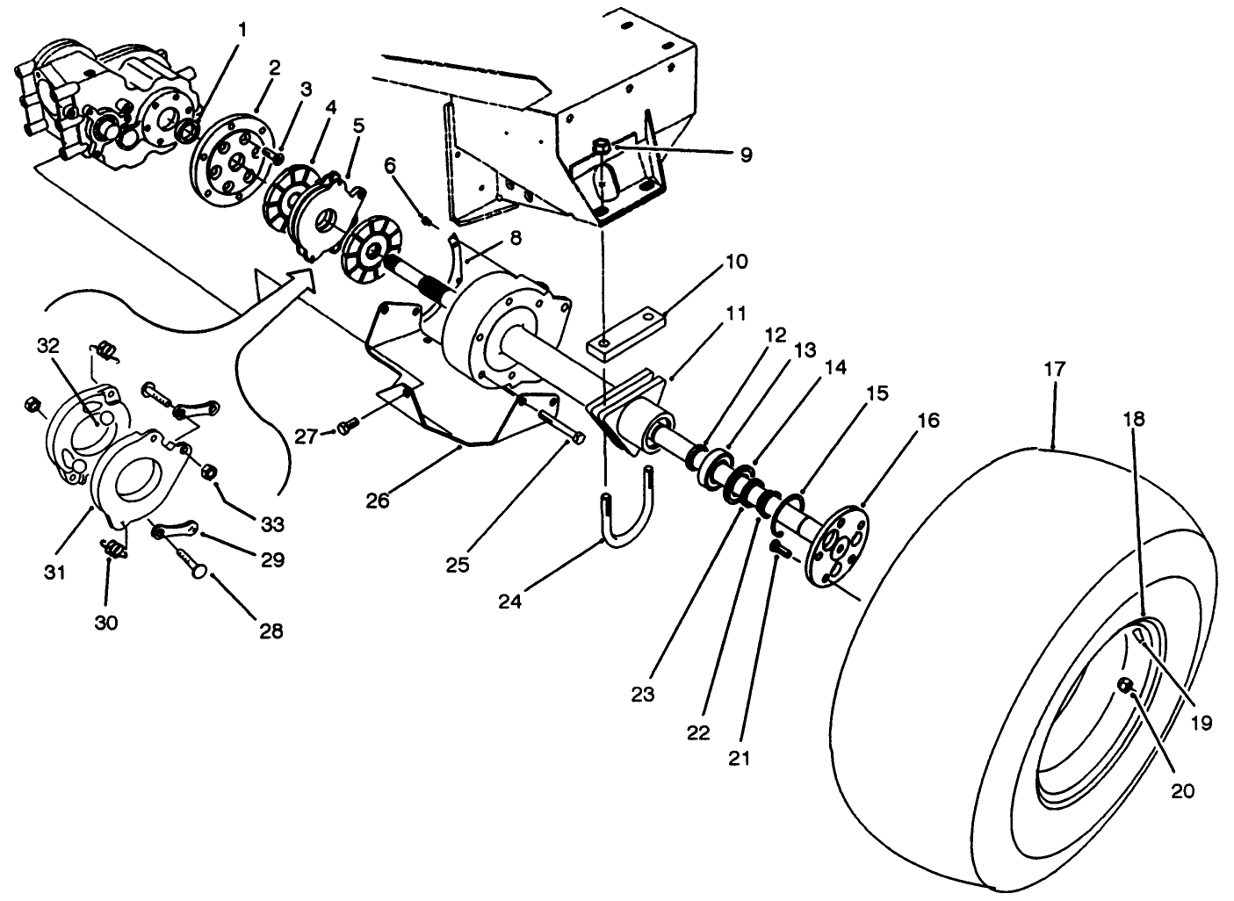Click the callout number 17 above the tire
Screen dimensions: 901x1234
point(1054,370)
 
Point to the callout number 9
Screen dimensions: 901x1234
point(745,155)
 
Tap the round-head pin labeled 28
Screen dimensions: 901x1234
point(198,568)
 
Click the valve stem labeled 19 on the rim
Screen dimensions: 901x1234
point(1140,636)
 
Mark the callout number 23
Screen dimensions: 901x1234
point(643,695)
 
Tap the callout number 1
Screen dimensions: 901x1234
point(242,30)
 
